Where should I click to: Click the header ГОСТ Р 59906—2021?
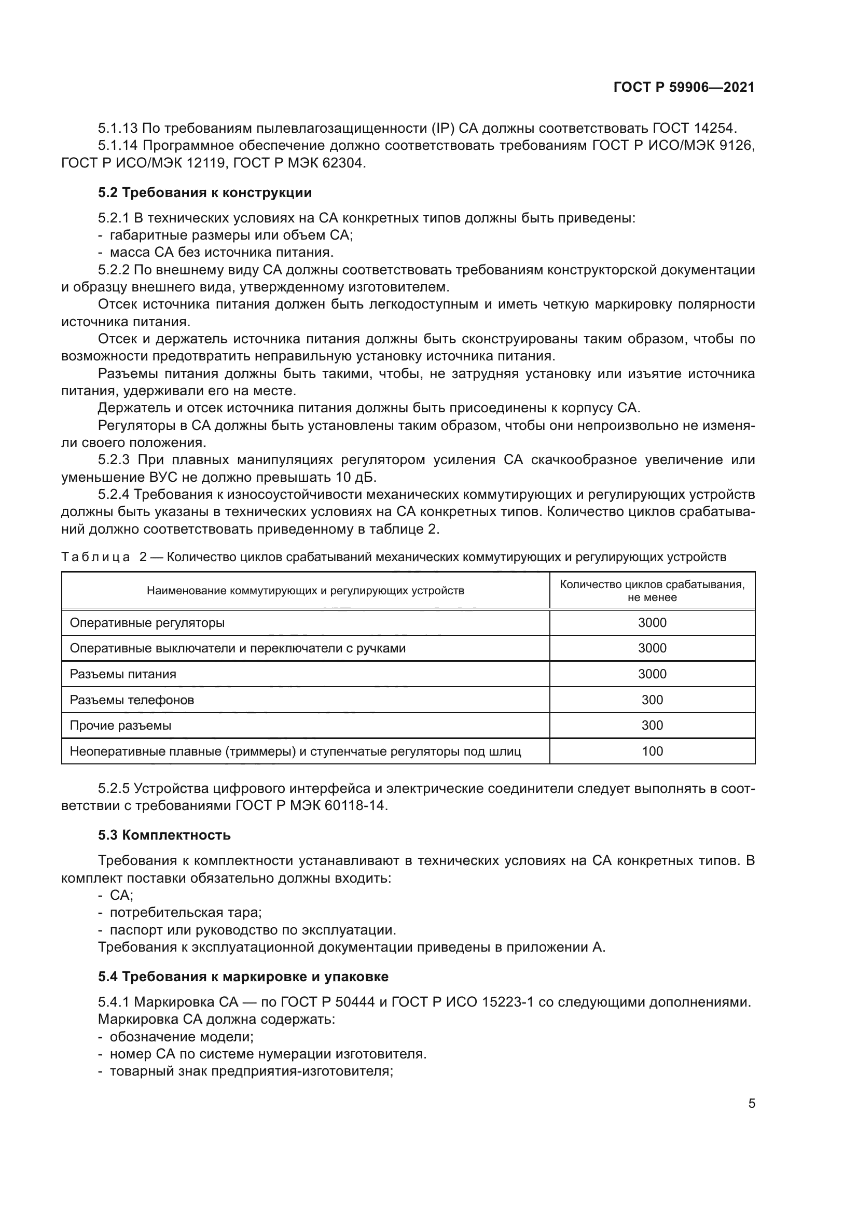coord(684,88)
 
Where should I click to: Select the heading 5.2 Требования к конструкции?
coord(205,193)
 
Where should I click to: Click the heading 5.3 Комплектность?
coord(164,835)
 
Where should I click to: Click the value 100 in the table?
coord(652,751)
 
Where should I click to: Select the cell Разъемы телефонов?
coord(132,700)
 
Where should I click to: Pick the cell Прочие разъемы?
coord(120,726)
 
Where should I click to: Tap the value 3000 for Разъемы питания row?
coord(652,674)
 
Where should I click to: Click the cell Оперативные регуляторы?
coord(147,623)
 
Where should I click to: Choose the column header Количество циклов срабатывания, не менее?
coord(652,591)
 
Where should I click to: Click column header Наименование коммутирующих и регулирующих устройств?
coord(306,591)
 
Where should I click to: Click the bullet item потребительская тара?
coord(185,912)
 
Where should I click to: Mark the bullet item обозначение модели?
coord(181,1037)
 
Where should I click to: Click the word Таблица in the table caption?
coord(95,557)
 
